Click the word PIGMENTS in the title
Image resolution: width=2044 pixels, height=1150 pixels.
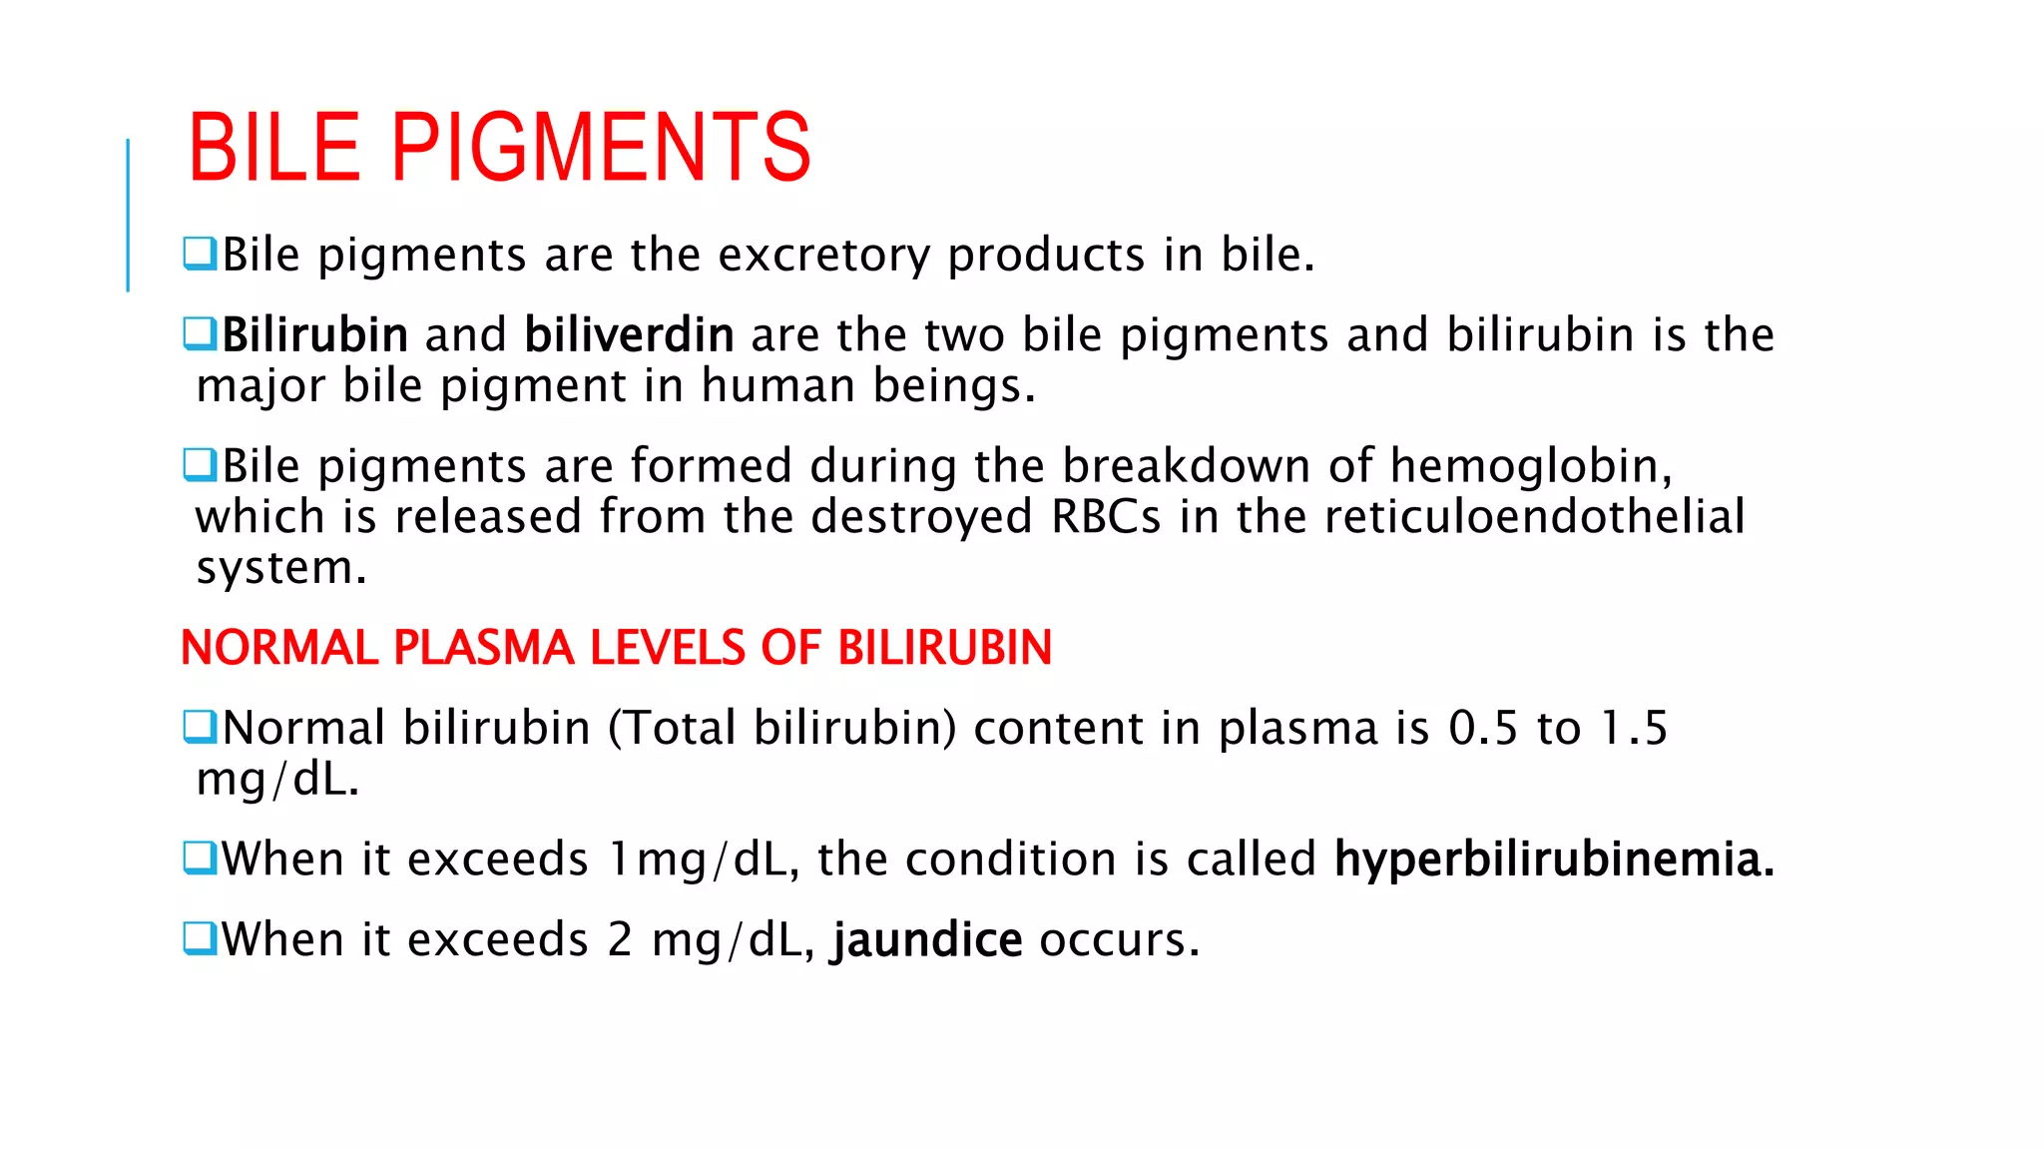tap(601, 148)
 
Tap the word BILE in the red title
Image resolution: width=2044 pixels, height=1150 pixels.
tap(273, 148)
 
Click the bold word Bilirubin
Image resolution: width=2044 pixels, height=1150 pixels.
tap(314, 334)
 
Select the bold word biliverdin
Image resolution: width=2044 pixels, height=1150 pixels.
tap(629, 334)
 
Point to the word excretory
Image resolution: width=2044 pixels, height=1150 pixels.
tap(823, 256)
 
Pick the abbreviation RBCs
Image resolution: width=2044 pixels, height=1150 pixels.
tap(1106, 517)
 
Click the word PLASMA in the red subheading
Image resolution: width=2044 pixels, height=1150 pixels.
tap(483, 648)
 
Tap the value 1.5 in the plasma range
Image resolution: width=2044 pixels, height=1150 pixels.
tap(1634, 728)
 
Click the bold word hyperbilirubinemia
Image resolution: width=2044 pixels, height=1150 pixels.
tap(1554, 859)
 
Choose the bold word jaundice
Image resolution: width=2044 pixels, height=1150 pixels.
tap(927, 939)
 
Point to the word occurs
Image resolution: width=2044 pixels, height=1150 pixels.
tap(1118, 939)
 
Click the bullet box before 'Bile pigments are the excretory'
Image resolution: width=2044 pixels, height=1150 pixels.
tap(200, 254)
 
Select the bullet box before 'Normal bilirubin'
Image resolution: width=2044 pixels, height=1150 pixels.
tap(200, 727)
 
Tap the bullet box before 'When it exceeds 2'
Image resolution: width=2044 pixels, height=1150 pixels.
tap(200, 938)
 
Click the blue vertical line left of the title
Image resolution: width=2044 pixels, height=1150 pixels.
tap(128, 215)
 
